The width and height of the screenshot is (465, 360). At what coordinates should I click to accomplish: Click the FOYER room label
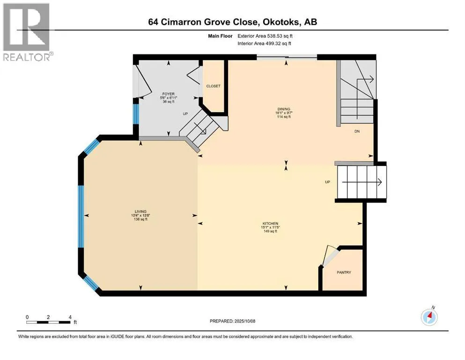[169, 94]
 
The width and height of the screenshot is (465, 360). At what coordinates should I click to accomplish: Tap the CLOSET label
[213, 86]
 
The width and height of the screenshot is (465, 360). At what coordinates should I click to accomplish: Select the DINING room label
[284, 109]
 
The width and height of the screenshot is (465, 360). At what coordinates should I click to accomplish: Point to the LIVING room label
[140, 211]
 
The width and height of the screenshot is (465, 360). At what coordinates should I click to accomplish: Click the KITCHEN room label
[270, 224]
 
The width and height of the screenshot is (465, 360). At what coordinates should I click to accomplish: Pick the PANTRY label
[344, 272]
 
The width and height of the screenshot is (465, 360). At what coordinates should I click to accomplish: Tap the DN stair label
[357, 131]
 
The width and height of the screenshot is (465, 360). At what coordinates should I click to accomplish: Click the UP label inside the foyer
[185, 113]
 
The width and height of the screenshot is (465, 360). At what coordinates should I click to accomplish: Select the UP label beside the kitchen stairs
[327, 182]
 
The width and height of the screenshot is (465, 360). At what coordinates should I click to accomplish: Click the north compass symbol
[429, 317]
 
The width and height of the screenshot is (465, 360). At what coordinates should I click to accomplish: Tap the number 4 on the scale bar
[70, 317]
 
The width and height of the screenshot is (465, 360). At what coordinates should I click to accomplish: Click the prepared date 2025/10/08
[245, 321]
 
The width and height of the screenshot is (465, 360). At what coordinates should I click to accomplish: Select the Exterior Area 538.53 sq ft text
[265, 36]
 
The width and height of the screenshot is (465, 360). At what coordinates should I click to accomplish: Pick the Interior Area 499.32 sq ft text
[264, 43]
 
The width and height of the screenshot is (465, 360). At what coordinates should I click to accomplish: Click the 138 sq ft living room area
[140, 219]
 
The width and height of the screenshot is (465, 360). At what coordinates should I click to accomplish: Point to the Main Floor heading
[220, 36]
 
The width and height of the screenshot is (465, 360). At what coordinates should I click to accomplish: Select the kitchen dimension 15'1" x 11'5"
[270, 227]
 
